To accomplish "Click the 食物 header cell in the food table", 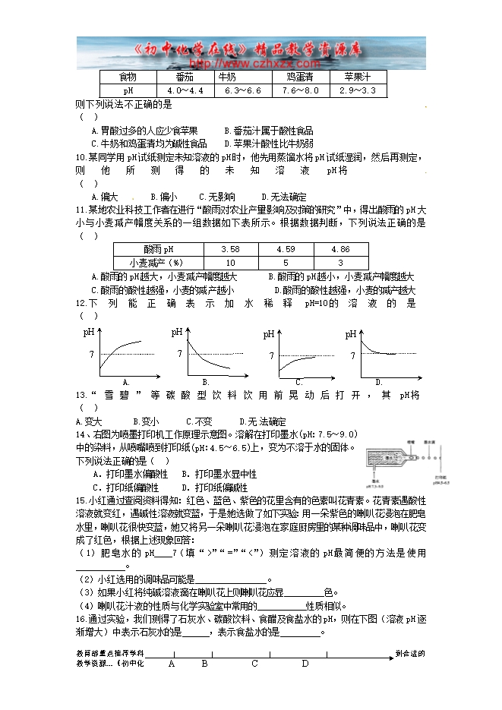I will click(x=128, y=77).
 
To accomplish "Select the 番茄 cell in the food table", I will click(x=185, y=77).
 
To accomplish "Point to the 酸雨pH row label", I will click(x=159, y=249).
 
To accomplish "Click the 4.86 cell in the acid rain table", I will click(x=341, y=249).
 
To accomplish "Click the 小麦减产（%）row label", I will click(x=159, y=262).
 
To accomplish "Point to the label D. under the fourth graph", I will click(x=377, y=381).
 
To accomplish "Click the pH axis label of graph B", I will click(x=177, y=332).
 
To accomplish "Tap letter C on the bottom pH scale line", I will click(x=255, y=663).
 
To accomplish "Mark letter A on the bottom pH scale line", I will click(x=172, y=663).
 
